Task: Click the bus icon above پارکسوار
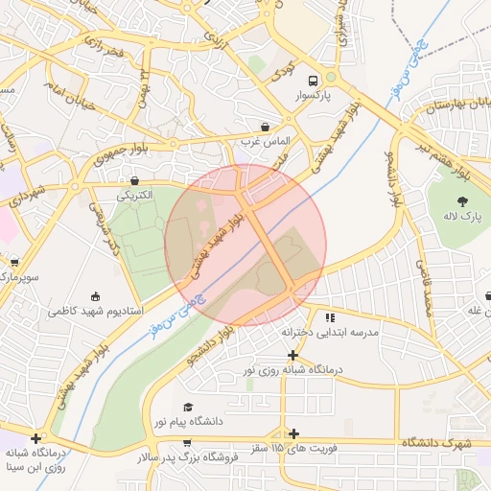pyautogui.click(x=312, y=81)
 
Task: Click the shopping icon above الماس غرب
pyautogui.click(x=266, y=127)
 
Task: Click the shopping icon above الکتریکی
pyautogui.click(x=134, y=179)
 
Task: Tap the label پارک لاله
pyautogui.click(x=463, y=217)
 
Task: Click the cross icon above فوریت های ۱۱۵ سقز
pyautogui.click(x=293, y=434)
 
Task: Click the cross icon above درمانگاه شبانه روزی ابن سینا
pyautogui.click(x=35, y=437)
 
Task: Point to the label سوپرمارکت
pyautogui.click(x=17, y=276)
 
